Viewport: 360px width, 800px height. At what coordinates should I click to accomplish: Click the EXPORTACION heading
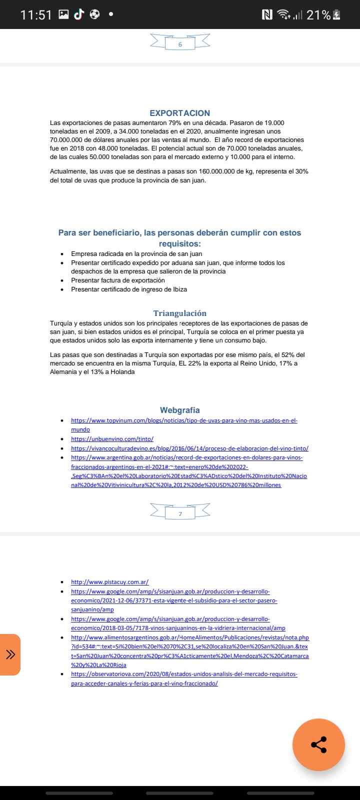[x=180, y=113]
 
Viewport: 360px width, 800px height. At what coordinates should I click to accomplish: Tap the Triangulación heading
[x=179, y=313]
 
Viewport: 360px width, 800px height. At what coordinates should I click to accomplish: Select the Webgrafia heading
[x=180, y=410]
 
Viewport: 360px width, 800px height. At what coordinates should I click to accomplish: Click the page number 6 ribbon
[x=180, y=44]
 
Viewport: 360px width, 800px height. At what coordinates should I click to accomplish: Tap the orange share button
[x=318, y=744]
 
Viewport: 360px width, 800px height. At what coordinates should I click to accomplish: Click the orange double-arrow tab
[x=10, y=654]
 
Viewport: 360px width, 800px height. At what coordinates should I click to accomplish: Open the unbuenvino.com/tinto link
[x=112, y=439]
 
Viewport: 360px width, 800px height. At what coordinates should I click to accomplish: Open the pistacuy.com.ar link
[x=109, y=582]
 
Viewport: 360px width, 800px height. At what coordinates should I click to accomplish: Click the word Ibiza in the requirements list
[x=179, y=289]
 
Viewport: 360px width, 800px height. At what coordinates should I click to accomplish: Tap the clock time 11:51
[x=36, y=15]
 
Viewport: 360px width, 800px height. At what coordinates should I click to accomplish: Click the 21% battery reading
[x=318, y=15]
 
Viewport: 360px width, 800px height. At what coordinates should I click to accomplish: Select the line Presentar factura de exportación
[x=117, y=280]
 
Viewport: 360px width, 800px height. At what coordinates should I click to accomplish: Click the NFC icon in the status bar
[x=267, y=15]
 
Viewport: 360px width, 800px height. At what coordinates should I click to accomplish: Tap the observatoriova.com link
[x=184, y=678]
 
